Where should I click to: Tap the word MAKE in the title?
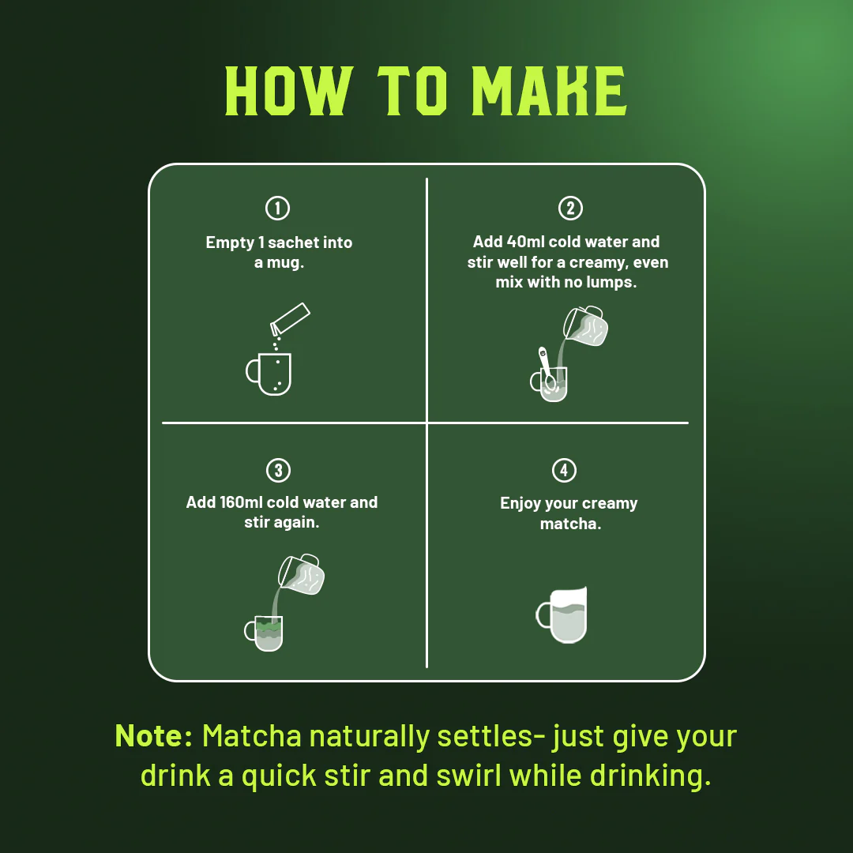click(x=550, y=92)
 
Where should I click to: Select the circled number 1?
click(x=277, y=208)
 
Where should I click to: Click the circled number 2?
click(x=571, y=208)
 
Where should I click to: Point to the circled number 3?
click(x=279, y=470)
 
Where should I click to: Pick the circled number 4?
click(x=564, y=470)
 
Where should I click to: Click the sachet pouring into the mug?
click(x=290, y=319)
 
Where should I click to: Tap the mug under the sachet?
click(x=269, y=374)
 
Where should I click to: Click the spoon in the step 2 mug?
click(x=547, y=368)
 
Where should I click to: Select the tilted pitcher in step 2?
click(x=585, y=326)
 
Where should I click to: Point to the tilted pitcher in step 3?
click(x=301, y=574)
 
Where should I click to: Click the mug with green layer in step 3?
click(x=264, y=633)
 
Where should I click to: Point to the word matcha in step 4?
click(x=570, y=524)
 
